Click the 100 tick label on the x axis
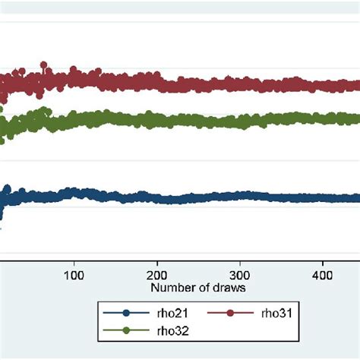tap(74, 273)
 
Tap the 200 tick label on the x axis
tap(156, 273)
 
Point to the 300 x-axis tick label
tap(239, 273)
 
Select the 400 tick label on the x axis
tap(322, 273)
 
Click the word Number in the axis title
tap(170, 289)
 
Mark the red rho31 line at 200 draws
tap(156, 80)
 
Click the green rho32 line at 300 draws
tap(239, 120)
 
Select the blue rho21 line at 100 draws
tap(74, 194)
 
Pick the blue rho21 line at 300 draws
tap(239, 196)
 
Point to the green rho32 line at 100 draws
tap(74, 119)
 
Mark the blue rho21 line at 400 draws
tap(322, 197)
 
